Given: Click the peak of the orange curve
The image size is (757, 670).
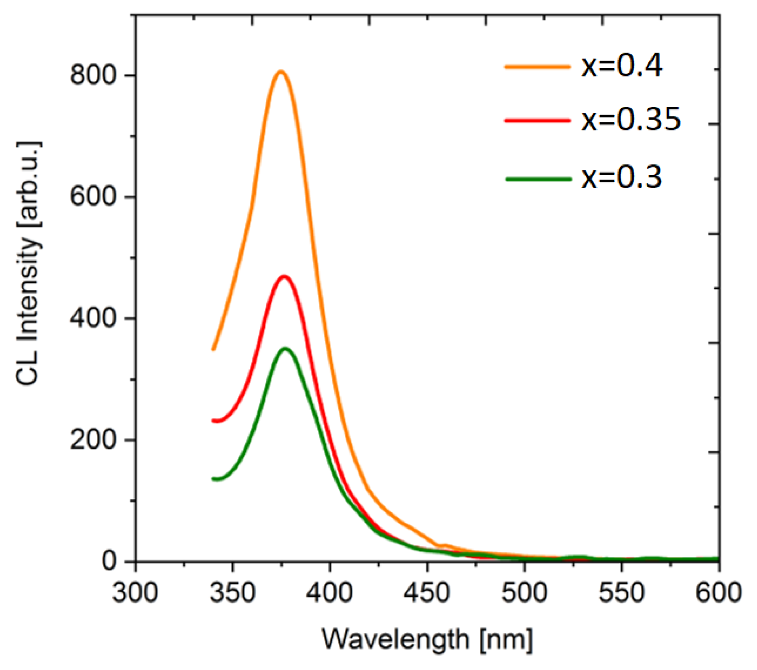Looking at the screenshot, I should click(281, 72).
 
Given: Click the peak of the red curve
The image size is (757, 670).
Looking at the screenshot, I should click(285, 277).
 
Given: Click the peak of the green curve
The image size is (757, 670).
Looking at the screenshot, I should click(286, 349).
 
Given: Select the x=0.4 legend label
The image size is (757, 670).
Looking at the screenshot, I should click(622, 66).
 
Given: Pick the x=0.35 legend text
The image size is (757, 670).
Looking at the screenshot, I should click(631, 120).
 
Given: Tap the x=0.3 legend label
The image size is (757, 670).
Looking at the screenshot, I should click(622, 177).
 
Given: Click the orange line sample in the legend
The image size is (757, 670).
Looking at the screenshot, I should click(537, 66).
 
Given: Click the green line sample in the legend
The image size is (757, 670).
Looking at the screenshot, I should click(538, 179).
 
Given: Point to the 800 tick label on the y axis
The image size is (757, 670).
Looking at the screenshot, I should click(93, 76).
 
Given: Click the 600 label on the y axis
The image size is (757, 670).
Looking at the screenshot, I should click(93, 197).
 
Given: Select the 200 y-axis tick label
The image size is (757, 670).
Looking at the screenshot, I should click(93, 440).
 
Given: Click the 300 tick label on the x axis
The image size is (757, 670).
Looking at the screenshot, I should click(135, 593).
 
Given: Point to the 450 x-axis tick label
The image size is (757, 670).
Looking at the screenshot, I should click(427, 593).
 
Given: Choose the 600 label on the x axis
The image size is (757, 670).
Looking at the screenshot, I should click(718, 593).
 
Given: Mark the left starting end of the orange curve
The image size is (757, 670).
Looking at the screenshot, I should click(214, 349).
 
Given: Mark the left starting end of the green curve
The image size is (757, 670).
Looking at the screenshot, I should click(214, 479).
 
